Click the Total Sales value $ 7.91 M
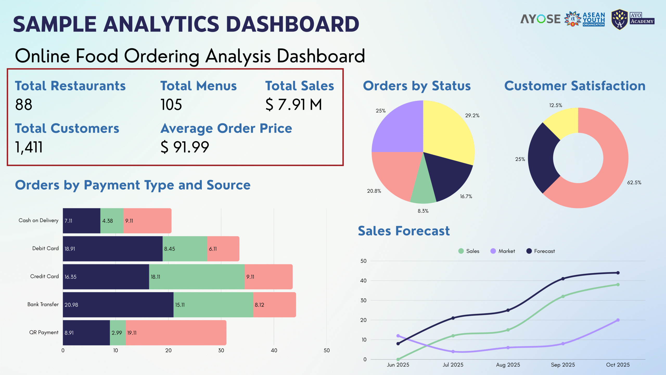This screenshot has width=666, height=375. pos(293,105)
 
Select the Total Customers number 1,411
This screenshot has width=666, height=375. pos(29,147)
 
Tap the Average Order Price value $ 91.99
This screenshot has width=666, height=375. pos(185,147)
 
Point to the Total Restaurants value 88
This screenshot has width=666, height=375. pos(24,105)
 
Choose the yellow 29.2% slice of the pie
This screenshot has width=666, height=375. pos(447,130)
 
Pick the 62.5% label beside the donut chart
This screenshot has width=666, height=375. pos(634,183)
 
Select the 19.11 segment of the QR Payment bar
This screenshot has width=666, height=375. pos(176,333)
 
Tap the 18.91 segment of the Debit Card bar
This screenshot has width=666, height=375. pos(113,249)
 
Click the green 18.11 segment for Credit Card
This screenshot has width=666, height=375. pos(197,277)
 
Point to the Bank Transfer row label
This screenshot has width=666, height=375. pos(43,304)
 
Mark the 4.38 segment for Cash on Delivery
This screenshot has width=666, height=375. pos(112,221)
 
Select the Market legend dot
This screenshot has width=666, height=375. pos(493,251)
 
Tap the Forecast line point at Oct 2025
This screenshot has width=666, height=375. pos(618,273)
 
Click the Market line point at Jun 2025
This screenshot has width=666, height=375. pos(398,336)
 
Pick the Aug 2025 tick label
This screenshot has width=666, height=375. pos(508,365)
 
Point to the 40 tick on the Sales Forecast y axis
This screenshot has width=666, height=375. pos(363,281)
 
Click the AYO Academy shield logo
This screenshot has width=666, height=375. pos(620,20)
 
